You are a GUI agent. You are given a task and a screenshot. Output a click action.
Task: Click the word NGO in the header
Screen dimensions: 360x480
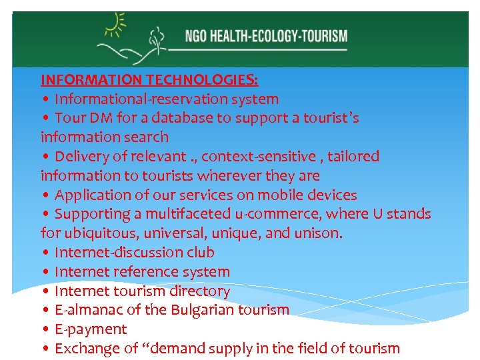[x=197, y=35]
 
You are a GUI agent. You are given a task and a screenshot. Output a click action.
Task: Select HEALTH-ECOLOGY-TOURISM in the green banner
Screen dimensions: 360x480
[x=279, y=35]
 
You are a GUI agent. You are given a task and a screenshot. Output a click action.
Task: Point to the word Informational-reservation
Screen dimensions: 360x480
[x=123, y=99]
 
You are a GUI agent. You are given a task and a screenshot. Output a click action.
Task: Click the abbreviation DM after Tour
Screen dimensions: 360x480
[x=97, y=119]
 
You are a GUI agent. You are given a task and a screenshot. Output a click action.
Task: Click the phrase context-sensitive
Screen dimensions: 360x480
[x=259, y=157]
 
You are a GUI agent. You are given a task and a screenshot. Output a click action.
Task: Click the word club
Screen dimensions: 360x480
[x=201, y=253]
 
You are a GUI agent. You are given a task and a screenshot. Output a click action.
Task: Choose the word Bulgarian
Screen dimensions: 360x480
[x=200, y=310]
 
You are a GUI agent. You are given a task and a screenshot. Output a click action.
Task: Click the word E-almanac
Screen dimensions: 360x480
[x=85, y=310]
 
